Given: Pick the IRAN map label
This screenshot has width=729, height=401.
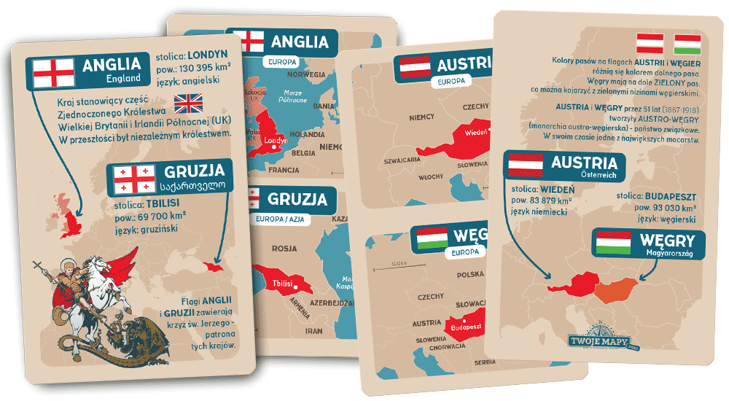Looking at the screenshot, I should (313, 330).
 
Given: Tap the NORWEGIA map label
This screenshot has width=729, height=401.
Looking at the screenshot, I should (305, 74).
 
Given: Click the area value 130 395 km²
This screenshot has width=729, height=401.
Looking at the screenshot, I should (199, 68).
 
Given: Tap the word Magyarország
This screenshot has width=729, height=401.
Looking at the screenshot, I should (666, 253).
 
